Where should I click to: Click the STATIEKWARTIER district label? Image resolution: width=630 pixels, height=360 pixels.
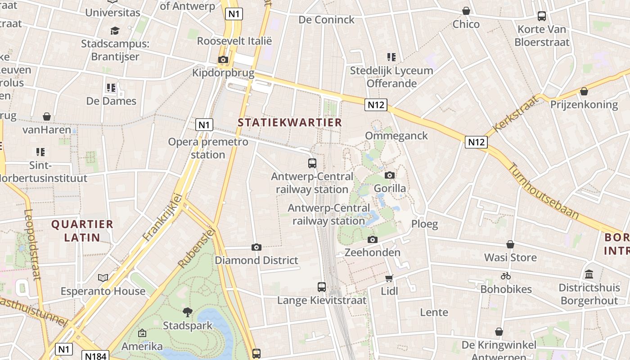pos(290,122)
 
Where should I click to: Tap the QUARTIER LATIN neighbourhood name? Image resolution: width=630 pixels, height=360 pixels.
pos(82,230)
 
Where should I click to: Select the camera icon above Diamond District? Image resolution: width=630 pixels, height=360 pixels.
pos(256,247)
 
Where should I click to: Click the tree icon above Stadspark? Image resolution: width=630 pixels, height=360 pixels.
pos(187,312)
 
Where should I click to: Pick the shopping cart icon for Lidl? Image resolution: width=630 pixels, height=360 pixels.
pos(389,278)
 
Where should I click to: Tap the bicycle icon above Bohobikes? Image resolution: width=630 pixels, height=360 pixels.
pos(506,276)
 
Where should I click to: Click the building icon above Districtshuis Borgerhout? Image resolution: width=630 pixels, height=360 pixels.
pos(589,274)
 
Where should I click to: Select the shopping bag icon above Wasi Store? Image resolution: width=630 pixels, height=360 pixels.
pos(510,244)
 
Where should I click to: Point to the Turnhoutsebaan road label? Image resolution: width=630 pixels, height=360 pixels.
pos(543,191)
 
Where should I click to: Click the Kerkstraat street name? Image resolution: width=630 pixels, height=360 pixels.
pos(516,113)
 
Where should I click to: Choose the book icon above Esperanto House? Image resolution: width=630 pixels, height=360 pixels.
pos(103,278)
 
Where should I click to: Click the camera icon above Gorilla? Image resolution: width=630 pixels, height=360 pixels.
pos(390,175)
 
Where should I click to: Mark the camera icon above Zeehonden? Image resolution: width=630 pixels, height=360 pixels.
pos(372,239)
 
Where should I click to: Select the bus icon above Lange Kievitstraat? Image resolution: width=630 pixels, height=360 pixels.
pos(322,287)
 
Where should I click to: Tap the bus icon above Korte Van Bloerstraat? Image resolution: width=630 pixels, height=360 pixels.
pos(542,16)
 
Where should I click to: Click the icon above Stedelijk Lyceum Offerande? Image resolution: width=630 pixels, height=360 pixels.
pos(391,57)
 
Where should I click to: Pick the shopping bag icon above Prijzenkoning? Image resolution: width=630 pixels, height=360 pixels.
pos(584,91)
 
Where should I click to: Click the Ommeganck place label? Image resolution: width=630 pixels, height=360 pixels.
pos(396,136)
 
